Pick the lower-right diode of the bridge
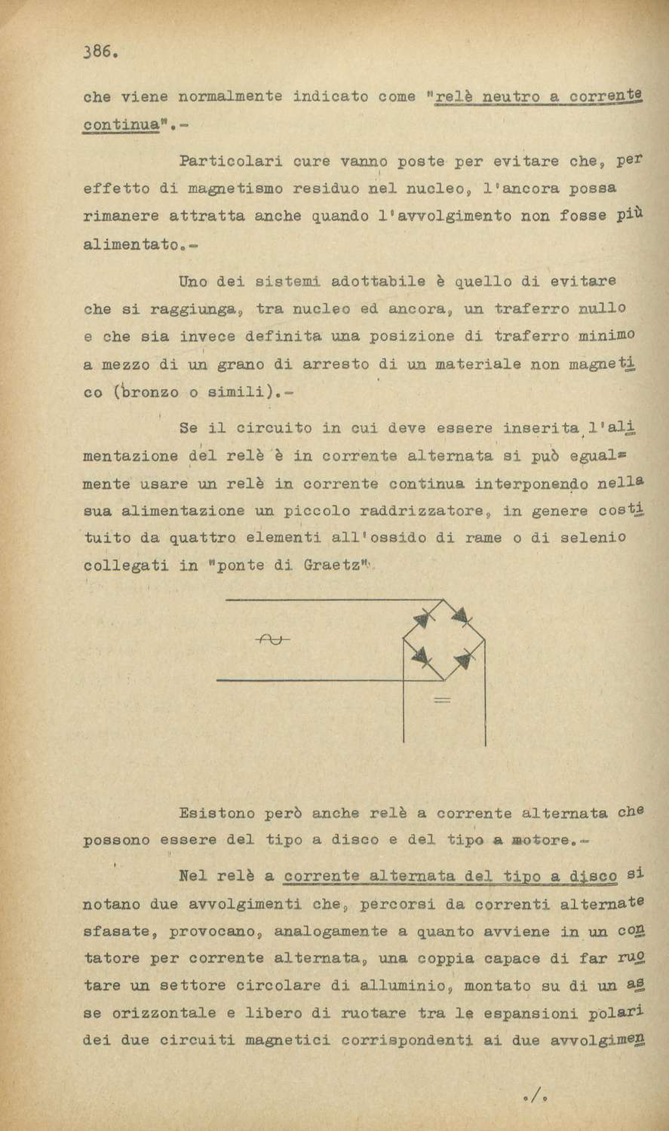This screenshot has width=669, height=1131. (463, 661)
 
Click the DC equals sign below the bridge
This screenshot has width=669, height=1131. (442, 700)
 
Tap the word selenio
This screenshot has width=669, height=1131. (589, 538)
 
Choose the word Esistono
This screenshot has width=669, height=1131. (217, 814)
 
